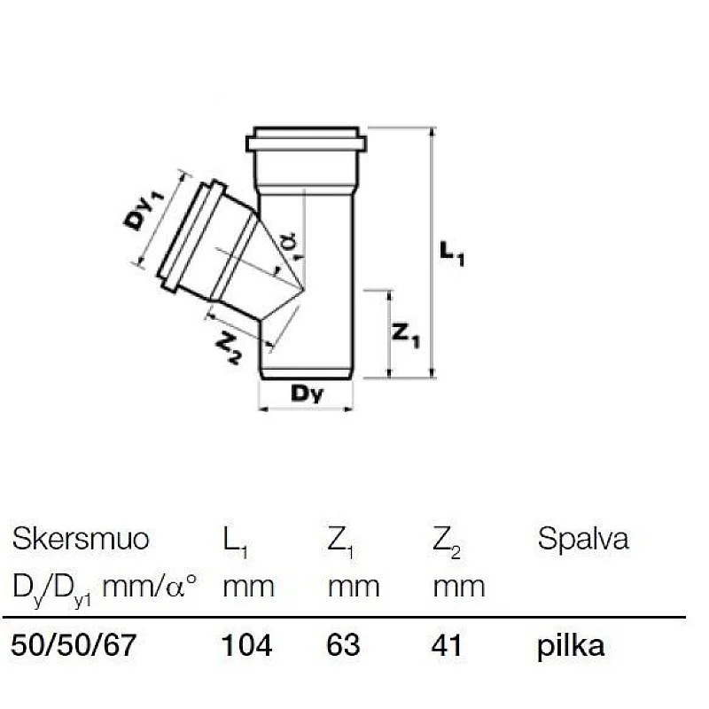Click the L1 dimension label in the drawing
coord(452,255)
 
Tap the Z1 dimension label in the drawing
coord(406,336)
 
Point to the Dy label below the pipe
coord(307,394)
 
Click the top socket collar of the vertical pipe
coord(306,142)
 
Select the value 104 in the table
coord(246,646)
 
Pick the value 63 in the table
coord(344,646)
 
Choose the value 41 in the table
coord(448,646)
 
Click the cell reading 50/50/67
coord(74,646)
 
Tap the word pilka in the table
coord(571,646)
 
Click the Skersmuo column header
coord(81,539)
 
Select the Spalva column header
coord(583,541)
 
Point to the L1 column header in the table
coord(235,542)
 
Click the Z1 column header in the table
coord(341,542)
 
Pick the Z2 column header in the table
coord(447,542)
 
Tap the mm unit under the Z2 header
coord(458,586)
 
